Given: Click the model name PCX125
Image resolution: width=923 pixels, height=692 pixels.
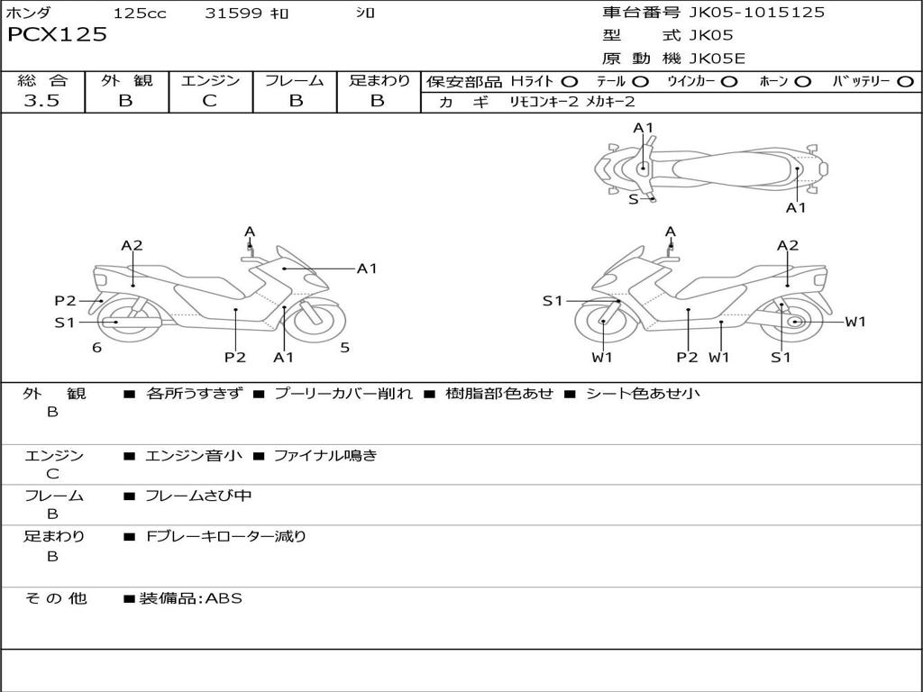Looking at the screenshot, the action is (58, 35).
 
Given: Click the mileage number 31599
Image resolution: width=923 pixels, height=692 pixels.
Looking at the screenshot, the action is (233, 13).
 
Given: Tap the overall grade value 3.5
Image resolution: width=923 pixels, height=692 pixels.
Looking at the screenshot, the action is (41, 101).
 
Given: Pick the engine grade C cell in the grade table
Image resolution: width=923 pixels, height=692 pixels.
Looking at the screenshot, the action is (210, 101).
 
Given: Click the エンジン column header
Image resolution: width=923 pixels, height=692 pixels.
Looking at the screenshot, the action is (210, 81).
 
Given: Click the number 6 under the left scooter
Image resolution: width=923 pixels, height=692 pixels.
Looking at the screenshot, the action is (96, 348).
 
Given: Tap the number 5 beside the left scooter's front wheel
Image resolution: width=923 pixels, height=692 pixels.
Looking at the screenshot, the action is (344, 348).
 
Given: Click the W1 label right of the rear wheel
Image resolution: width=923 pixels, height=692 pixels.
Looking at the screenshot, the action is (854, 322).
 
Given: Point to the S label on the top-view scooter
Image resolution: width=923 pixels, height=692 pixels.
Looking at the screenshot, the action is (633, 199).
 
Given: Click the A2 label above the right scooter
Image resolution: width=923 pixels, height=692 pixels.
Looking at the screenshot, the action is (788, 245).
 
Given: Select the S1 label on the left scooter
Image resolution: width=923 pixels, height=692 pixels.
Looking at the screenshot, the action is (65, 322).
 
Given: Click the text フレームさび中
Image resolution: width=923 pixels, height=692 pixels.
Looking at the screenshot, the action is (198, 496).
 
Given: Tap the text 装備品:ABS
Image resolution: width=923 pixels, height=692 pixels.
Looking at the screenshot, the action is (190, 598).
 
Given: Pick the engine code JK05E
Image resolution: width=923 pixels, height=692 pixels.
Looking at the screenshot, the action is (717, 59).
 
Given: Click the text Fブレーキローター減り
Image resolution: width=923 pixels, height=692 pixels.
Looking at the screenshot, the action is (226, 536).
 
